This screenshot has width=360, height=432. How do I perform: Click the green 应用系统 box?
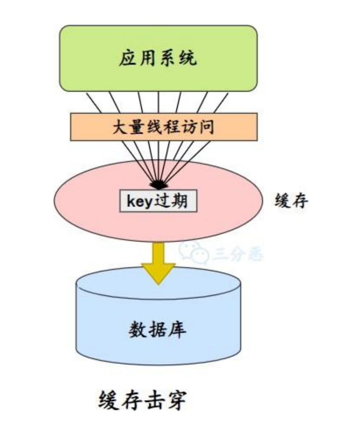[158, 58]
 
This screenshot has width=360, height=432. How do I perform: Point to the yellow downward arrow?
[158, 263]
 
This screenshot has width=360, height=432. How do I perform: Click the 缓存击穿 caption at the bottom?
[142, 400]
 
